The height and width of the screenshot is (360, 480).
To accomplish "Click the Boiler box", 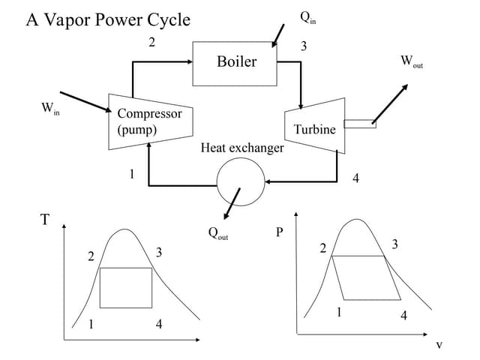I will pos(236,61).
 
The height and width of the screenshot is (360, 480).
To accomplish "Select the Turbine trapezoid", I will pos(314,125).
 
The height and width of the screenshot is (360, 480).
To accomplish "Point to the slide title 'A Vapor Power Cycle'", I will pos(108,19).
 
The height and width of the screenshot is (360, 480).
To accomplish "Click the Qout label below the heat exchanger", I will pos(218,233).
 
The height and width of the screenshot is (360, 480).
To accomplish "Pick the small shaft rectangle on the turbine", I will pos(360,124).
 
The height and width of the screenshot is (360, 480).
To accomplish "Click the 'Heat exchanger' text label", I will pos(242,148).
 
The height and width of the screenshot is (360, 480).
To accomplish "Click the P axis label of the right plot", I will pos(280,231).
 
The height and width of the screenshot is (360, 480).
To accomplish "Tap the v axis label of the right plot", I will pos(439,345).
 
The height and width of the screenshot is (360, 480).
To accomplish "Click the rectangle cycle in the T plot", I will pos(126,287).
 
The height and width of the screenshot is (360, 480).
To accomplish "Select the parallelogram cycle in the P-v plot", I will pos(359,277).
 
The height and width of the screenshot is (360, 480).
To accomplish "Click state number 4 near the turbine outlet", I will pos(355,178).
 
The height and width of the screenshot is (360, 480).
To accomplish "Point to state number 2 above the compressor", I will pos(151,42).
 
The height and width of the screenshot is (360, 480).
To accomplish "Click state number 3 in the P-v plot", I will pos(395,244).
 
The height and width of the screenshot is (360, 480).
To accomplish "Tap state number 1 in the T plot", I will pos(91,325).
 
